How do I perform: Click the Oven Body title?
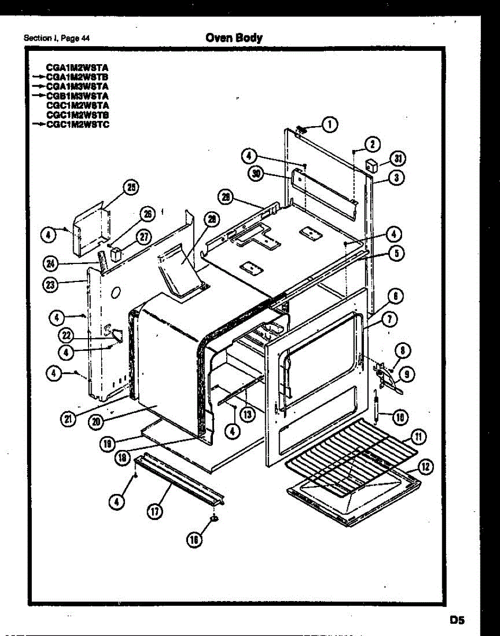tap(234, 38)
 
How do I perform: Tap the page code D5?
tap(457, 619)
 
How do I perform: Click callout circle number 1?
tap(330, 125)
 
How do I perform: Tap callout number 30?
tap(257, 174)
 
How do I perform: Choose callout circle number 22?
tap(65, 335)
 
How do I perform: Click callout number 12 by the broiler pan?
tap(425, 466)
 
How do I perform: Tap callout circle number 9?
tap(407, 374)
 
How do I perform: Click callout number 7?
tap(390, 319)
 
